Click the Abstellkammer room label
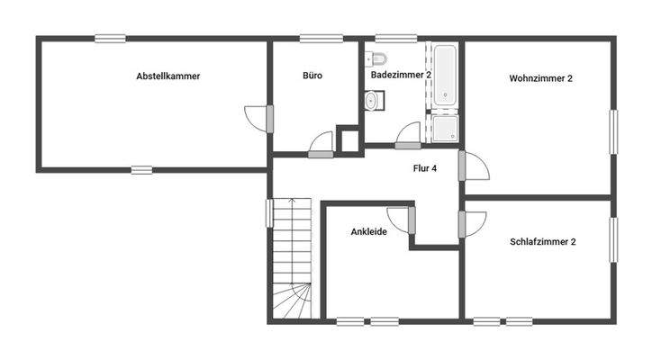(168, 76)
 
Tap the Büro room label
(312, 76)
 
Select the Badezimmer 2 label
(402, 76)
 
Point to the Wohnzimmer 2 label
(541, 78)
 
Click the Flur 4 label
(425, 168)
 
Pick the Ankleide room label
(368, 232)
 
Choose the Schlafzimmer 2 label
(543, 242)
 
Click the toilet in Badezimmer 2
(378, 60)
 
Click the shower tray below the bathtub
(445, 129)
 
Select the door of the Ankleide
(400, 218)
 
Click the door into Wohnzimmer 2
(474, 166)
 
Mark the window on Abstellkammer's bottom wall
(142, 168)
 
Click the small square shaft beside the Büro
(348, 140)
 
